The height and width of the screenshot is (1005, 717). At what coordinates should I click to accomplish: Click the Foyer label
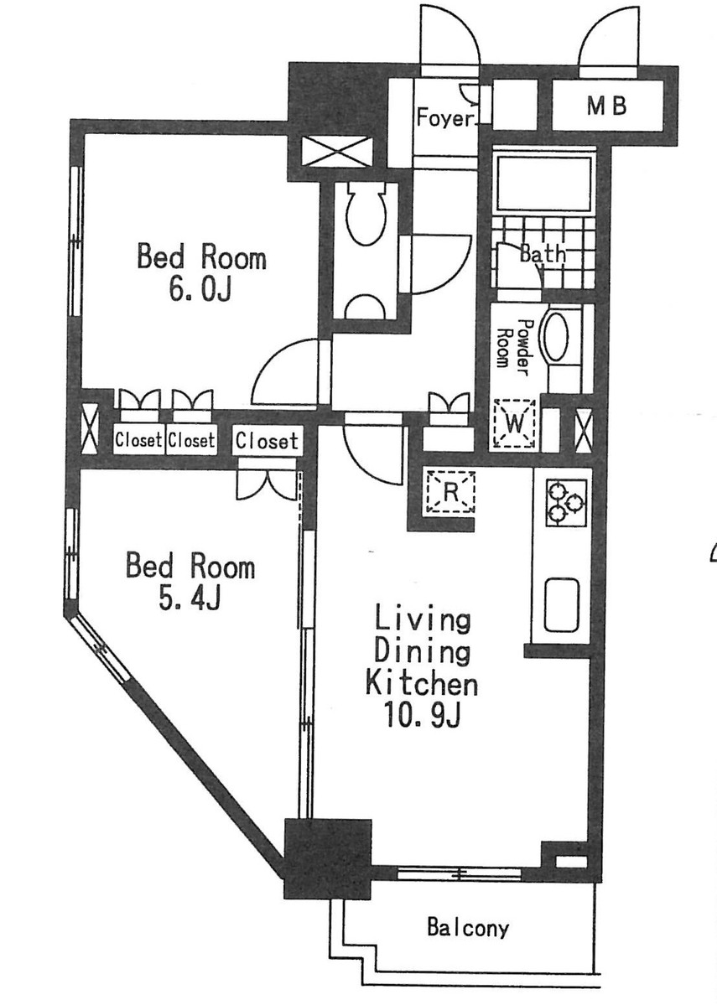[x=446, y=117]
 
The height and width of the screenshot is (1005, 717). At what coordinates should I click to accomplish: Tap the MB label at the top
[x=606, y=106]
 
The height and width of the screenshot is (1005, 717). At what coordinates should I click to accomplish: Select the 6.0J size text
[x=200, y=290]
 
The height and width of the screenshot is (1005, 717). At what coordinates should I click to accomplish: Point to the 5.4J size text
[x=190, y=598]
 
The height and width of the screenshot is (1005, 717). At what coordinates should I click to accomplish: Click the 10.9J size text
[x=422, y=716]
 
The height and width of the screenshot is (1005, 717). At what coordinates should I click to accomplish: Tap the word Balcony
[x=468, y=927]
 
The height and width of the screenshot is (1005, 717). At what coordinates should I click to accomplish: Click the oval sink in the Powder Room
[x=555, y=336]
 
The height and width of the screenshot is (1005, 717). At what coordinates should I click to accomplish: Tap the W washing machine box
[x=514, y=423]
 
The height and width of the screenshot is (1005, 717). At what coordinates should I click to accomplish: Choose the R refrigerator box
[x=450, y=492]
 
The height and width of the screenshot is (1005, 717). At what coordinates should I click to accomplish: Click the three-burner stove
[x=567, y=503]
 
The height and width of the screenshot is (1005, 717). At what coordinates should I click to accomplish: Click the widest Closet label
[x=267, y=441]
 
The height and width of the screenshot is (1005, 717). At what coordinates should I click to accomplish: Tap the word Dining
[x=422, y=651]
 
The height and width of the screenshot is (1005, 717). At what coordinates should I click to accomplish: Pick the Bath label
[x=543, y=255]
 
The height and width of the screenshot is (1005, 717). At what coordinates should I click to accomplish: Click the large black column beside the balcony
[x=329, y=859]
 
